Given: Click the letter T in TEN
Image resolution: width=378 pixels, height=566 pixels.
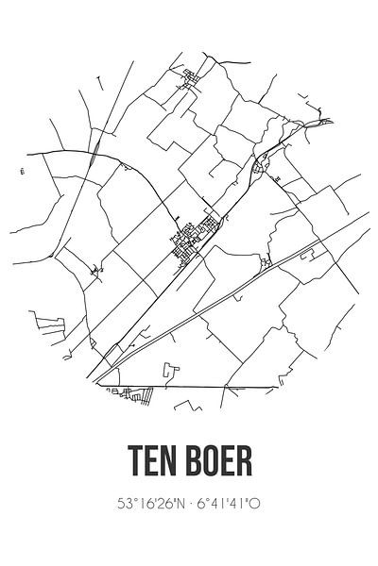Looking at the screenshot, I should coord(134,463).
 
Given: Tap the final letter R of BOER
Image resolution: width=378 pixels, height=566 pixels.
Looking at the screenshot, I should coord(244,463).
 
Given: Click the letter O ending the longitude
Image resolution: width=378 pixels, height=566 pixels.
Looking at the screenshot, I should coord(256,505).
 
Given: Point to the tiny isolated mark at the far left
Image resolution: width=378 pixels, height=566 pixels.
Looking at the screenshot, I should coord(21,171).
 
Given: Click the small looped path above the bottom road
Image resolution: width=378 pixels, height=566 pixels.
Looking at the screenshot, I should coord(169,370).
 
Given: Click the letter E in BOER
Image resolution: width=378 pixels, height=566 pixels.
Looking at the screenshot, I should coord(227,463).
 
